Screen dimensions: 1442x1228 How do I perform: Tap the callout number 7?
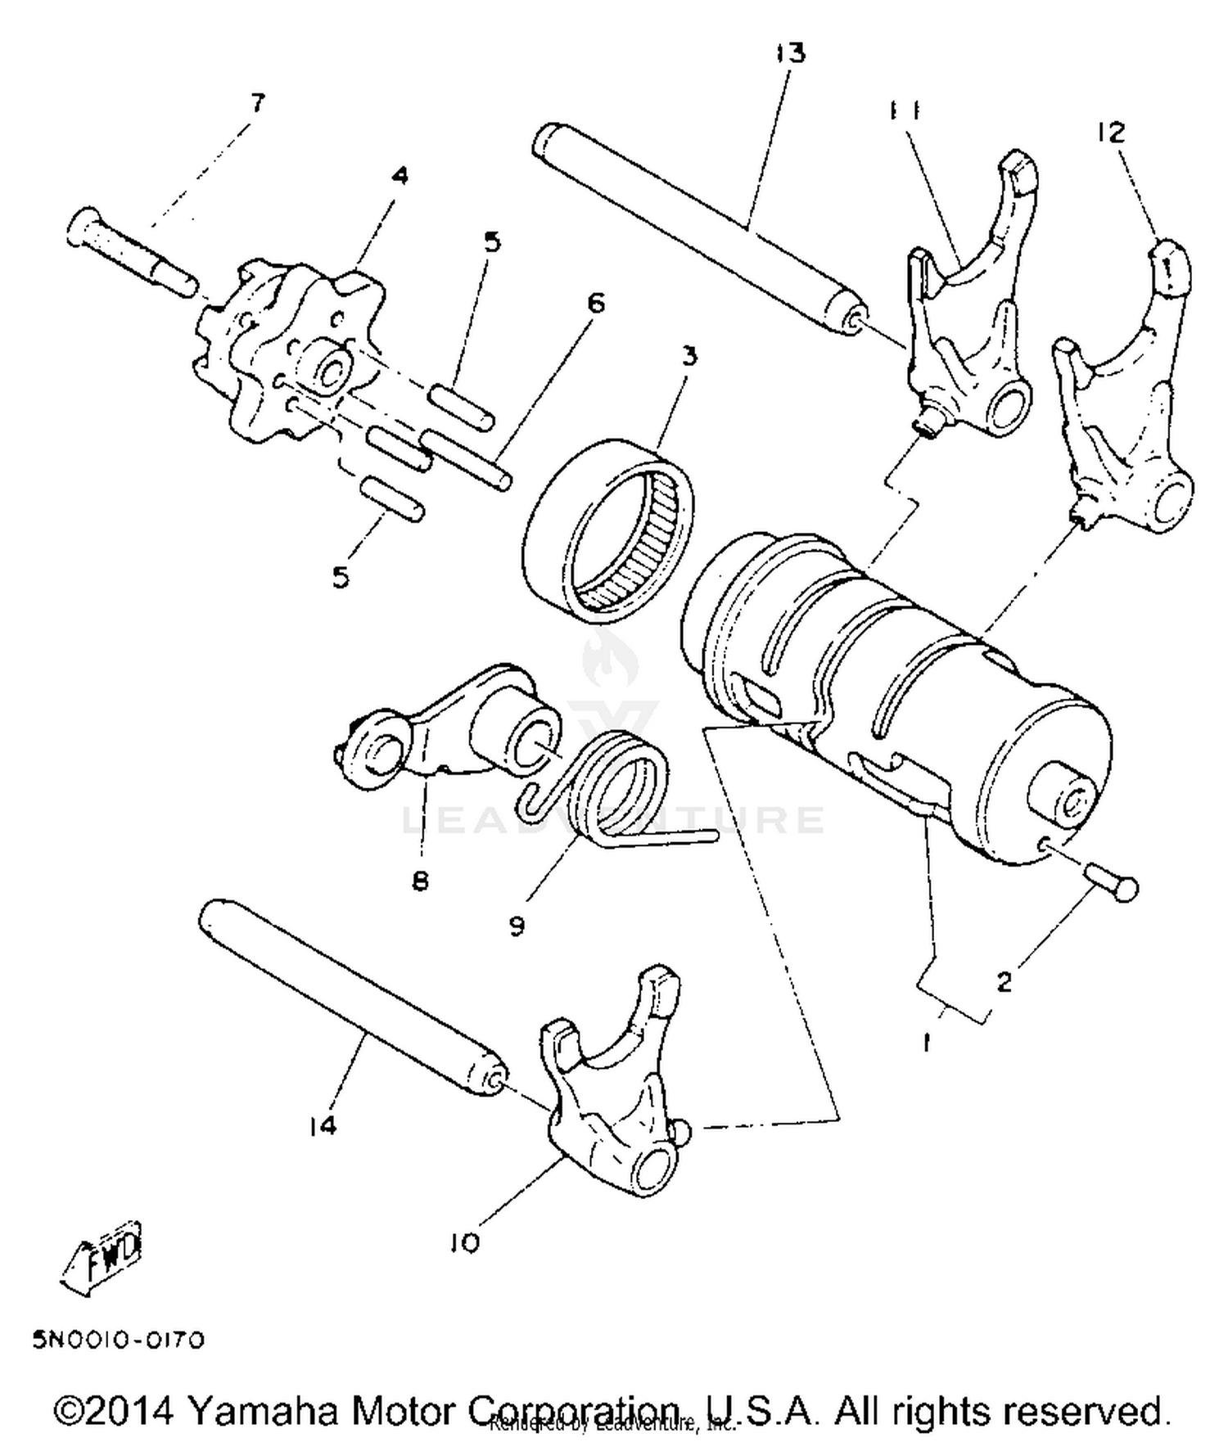257,104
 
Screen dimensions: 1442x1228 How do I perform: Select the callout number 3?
689,357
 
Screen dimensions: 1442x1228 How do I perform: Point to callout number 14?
323,1126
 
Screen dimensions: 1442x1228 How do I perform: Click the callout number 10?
464,1243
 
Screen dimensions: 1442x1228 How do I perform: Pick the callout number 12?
1111,132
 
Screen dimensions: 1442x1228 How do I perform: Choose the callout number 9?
517,926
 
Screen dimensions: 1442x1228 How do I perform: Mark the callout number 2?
1004,980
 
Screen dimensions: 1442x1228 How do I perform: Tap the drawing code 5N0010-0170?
118,1340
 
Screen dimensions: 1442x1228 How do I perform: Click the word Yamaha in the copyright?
262,1411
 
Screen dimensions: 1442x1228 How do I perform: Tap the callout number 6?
596,304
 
